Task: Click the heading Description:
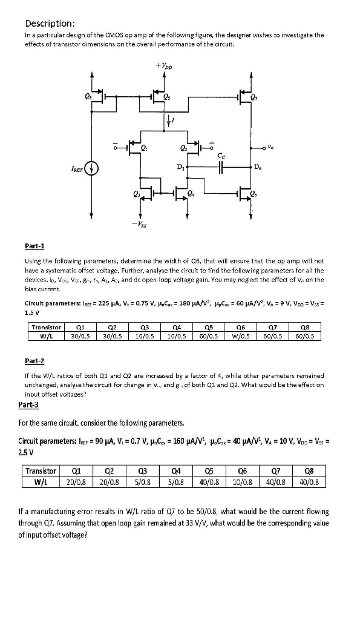(x=50, y=24)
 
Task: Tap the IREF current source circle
(x=93, y=168)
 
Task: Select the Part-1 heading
(x=35, y=246)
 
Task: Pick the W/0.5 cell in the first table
(x=243, y=336)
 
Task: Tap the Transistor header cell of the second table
(x=41, y=471)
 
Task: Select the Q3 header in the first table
(x=142, y=327)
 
